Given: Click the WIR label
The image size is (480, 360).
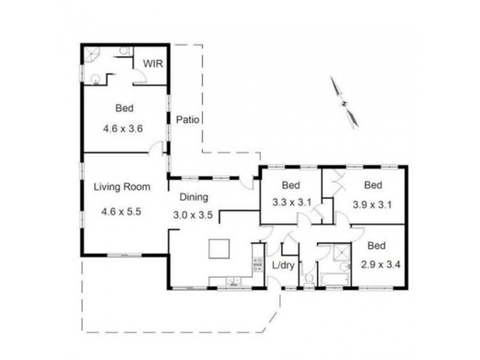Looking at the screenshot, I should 151,63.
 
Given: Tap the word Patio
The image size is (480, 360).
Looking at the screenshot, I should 187,119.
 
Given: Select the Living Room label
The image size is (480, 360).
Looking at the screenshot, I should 121,187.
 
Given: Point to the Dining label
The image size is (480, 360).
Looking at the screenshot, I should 193,196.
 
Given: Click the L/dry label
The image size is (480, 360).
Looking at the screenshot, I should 283,265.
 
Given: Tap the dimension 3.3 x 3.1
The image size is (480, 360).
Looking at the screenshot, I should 290,202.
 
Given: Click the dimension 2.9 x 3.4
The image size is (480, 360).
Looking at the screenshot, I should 376,263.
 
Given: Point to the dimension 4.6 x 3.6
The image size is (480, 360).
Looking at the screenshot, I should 124,127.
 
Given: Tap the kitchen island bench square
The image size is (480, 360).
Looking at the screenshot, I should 219,248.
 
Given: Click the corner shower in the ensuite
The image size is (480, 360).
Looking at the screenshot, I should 92,53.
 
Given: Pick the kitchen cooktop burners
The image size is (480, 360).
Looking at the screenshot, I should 258,264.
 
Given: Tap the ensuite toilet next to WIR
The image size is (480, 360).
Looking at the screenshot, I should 125,52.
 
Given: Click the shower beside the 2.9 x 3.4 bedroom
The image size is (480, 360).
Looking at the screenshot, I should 342,253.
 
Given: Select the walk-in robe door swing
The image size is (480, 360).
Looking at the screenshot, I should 138,76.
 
